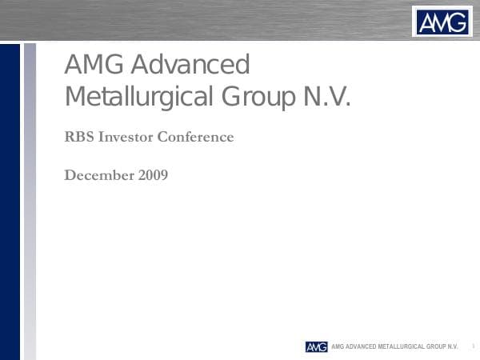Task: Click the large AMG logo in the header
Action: tap(442, 21)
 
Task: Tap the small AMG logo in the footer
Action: tap(316, 346)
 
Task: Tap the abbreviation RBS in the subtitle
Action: tap(79, 137)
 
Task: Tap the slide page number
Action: tap(473, 346)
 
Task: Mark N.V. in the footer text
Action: tap(454, 346)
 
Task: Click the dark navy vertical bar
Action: tap(10, 200)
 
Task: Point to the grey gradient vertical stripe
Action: tap(30, 200)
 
